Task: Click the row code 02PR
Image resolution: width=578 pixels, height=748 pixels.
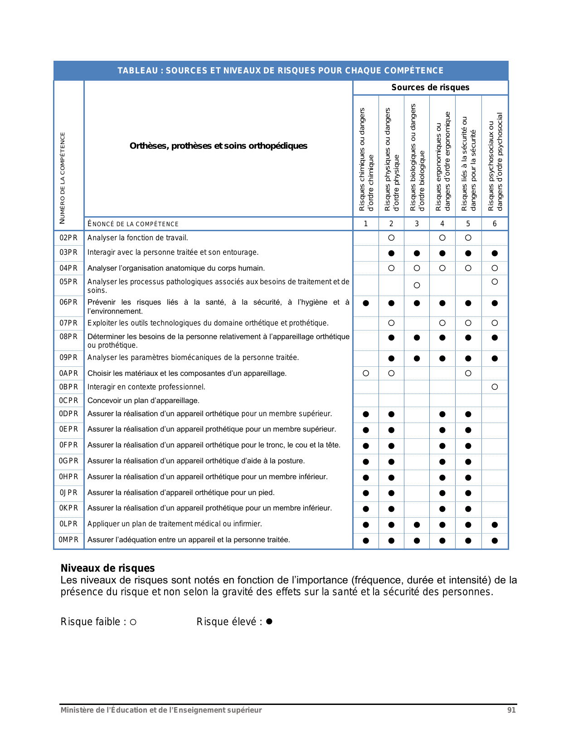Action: (68, 238)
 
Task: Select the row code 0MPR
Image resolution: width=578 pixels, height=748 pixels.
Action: (68, 540)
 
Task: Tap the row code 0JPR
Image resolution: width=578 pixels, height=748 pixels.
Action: (68, 493)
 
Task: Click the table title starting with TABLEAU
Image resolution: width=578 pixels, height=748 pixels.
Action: (281, 71)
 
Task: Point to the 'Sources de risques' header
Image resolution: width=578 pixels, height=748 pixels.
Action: (430, 87)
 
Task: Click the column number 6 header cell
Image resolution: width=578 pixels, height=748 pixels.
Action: (495, 224)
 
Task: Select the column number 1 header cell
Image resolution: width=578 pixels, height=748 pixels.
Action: (366, 224)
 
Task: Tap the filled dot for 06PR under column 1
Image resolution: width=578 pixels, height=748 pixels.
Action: (366, 303)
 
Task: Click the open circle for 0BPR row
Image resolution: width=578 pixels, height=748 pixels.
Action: (495, 387)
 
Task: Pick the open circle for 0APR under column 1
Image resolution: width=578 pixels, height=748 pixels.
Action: (366, 374)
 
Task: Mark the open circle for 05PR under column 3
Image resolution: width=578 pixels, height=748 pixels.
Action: (417, 285)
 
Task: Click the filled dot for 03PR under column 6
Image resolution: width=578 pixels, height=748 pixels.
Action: (495, 253)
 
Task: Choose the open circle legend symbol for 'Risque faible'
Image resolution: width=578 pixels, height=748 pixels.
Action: (133, 622)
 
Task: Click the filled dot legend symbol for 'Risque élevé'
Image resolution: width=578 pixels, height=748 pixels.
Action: (269, 622)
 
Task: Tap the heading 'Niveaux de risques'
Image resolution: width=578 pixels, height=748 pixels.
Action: (108, 568)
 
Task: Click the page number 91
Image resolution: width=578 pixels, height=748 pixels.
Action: (511, 710)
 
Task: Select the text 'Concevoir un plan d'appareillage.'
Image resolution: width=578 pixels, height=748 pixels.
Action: (143, 401)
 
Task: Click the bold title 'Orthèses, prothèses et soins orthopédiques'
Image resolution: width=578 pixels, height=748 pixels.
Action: (219, 146)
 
